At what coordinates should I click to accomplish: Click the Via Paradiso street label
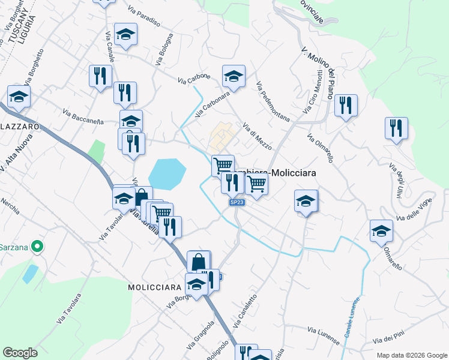144,17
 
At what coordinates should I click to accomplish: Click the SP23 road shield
237,203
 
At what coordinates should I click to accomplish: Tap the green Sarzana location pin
37,246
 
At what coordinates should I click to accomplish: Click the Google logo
20,353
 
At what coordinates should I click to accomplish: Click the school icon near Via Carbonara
234,76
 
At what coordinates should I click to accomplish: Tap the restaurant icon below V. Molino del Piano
345,106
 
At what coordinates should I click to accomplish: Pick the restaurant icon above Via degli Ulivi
396,128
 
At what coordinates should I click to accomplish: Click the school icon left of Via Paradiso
126,34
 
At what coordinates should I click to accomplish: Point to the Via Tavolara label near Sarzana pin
70,309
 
